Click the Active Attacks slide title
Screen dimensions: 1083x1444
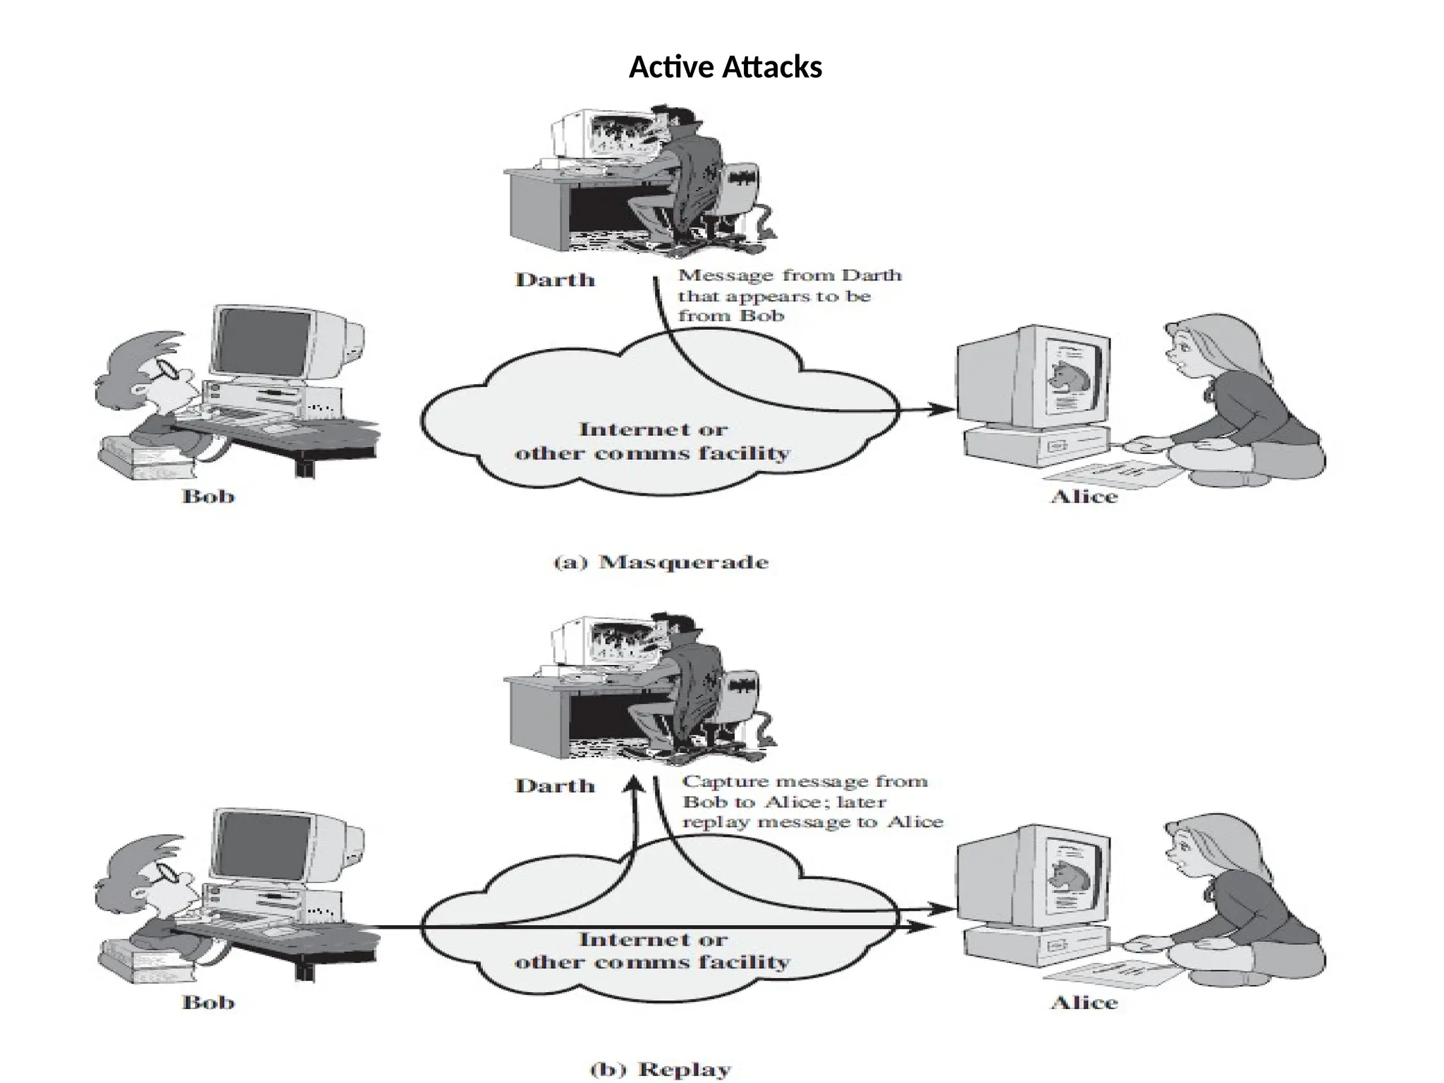725,68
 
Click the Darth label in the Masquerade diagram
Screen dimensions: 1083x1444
555,280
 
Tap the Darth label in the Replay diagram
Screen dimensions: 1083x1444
555,786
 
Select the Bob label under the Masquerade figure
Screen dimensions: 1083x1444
208,497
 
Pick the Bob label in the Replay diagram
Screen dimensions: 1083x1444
208,1003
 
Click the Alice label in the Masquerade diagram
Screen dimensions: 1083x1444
1084,497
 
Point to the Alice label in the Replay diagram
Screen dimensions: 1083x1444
1084,1003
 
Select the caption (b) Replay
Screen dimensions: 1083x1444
661,1069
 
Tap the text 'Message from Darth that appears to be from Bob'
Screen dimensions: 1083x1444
788,295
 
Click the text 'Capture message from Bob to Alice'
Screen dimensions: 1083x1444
804,791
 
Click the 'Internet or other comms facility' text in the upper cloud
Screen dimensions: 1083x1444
652,441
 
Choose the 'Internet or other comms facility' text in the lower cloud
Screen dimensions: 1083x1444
652,950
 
